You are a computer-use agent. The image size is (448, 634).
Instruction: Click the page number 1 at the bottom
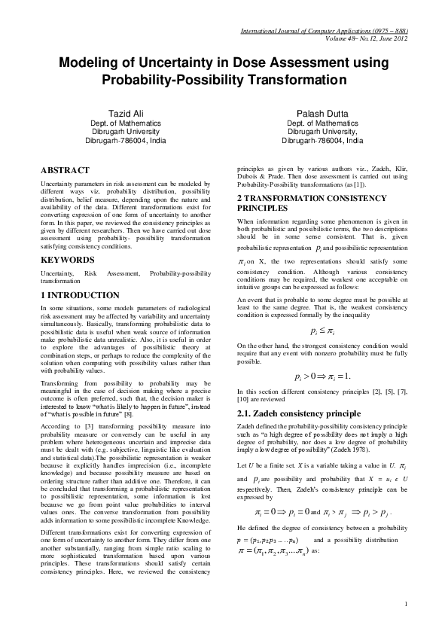(x=405, y=603)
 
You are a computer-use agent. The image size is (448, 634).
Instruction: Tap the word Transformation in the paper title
(x=300, y=79)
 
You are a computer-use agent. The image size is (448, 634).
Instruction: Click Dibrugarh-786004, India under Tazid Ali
(x=125, y=140)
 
